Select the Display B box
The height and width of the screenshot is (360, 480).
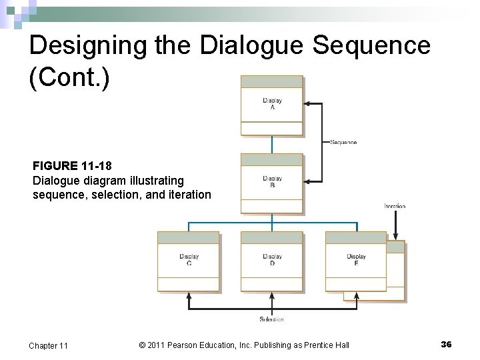tap(271, 183)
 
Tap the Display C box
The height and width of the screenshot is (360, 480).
tap(189, 261)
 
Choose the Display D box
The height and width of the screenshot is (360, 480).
tap(271, 261)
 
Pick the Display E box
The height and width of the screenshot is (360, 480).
tap(356, 261)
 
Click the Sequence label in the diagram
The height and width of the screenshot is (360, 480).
tap(343, 142)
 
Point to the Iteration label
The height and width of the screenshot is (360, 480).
tap(395, 206)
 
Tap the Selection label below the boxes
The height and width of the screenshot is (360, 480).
tap(271, 319)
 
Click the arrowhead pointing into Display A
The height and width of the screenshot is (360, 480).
tap(307, 103)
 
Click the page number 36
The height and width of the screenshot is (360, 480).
tap(446, 344)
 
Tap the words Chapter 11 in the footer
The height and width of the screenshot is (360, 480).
tap(48, 345)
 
